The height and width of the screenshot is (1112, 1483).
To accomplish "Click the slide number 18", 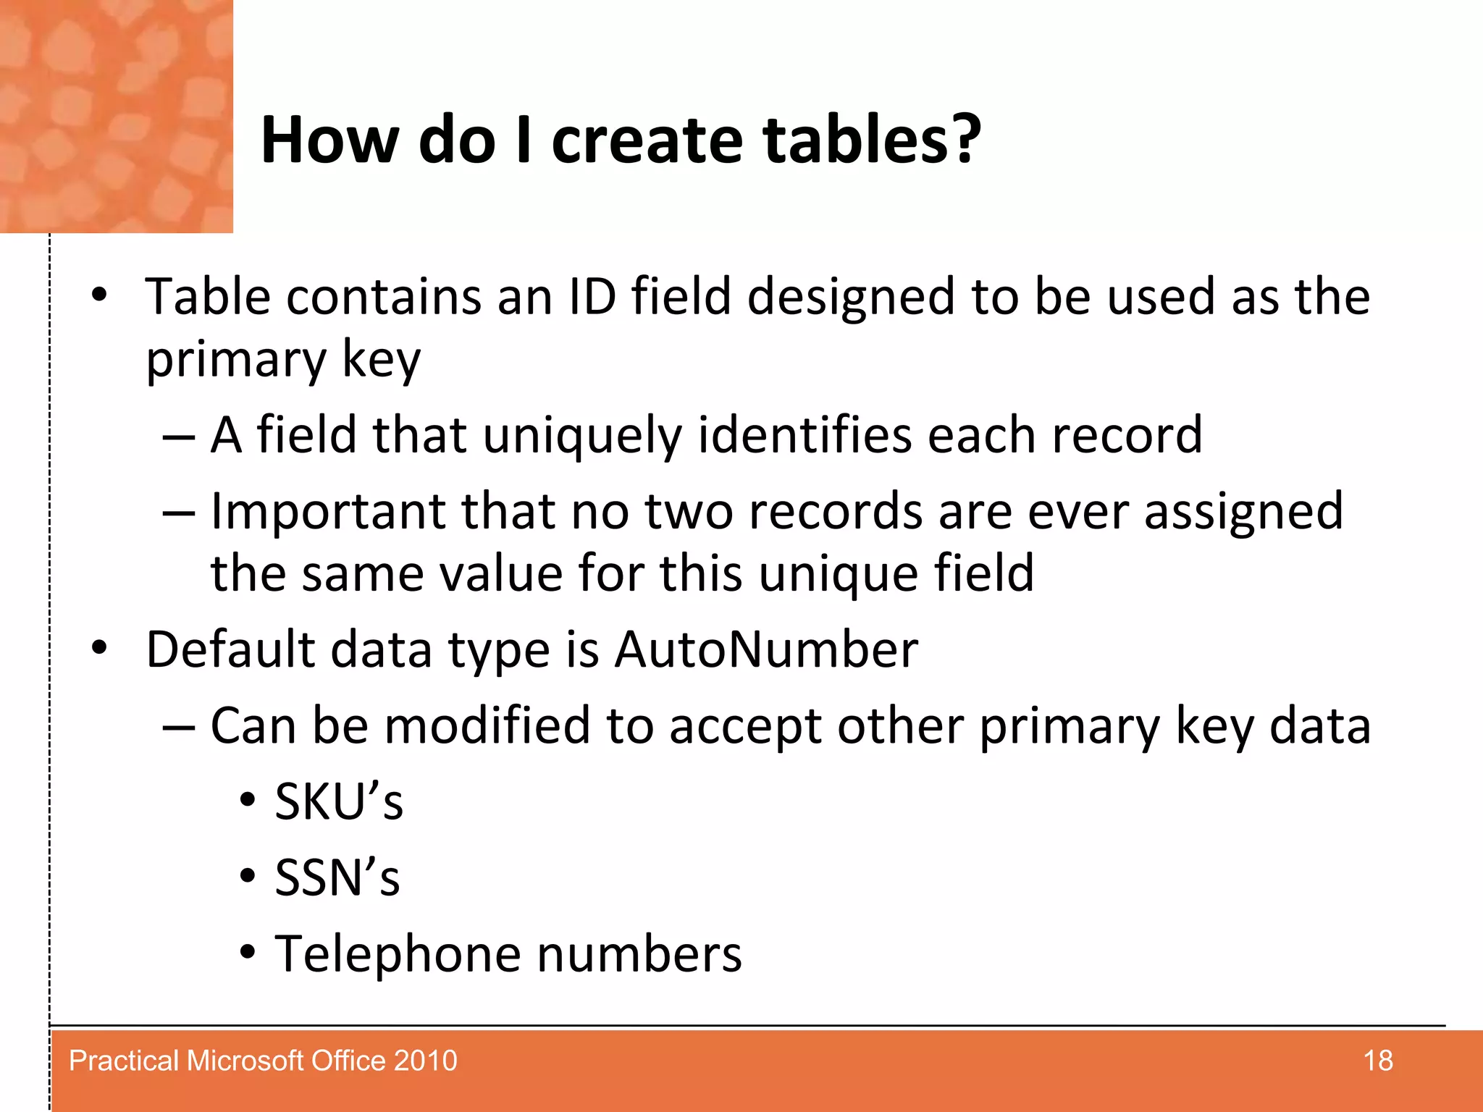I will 1377,1061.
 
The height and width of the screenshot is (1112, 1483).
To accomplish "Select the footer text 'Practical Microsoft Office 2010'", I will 263,1061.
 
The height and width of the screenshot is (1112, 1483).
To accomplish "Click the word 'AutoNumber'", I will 766,649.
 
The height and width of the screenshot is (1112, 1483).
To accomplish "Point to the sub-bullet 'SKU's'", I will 338,802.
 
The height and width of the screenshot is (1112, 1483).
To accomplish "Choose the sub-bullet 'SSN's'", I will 337,878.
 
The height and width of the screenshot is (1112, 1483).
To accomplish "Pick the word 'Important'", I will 327,512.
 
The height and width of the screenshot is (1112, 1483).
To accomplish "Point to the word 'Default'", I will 230,649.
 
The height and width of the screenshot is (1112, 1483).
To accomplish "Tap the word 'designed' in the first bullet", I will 851,298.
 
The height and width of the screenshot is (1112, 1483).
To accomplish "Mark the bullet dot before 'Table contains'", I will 99,295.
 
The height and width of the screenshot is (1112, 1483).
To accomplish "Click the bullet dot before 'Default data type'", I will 99,648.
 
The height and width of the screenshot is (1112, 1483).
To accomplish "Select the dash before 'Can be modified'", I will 178,726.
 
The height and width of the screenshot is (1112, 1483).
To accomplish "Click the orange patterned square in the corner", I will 116,116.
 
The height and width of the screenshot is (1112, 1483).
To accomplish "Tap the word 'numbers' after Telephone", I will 639,954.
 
